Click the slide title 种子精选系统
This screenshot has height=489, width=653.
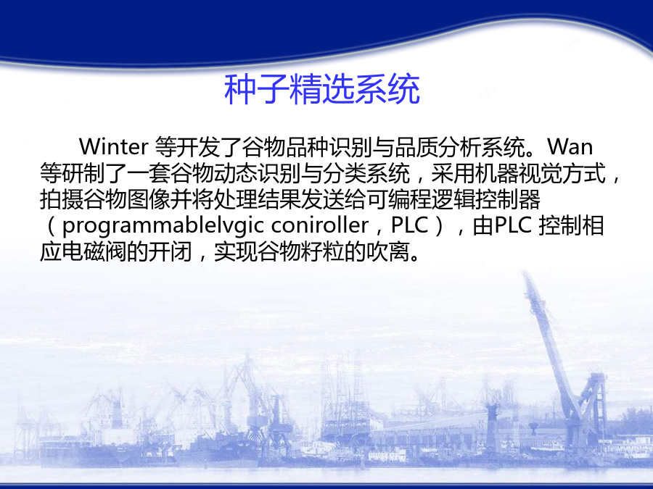pyautogui.click(x=322, y=89)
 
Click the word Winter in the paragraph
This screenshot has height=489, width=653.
pyautogui.click(x=113, y=147)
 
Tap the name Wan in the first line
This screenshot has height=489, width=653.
pyautogui.click(x=570, y=147)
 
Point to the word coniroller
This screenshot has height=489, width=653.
pyautogui.click(x=320, y=225)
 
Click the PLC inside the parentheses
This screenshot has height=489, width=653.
pyautogui.click(x=410, y=225)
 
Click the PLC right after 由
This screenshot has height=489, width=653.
pyautogui.click(x=513, y=225)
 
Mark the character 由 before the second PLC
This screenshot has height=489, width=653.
pyautogui.click(x=483, y=226)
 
